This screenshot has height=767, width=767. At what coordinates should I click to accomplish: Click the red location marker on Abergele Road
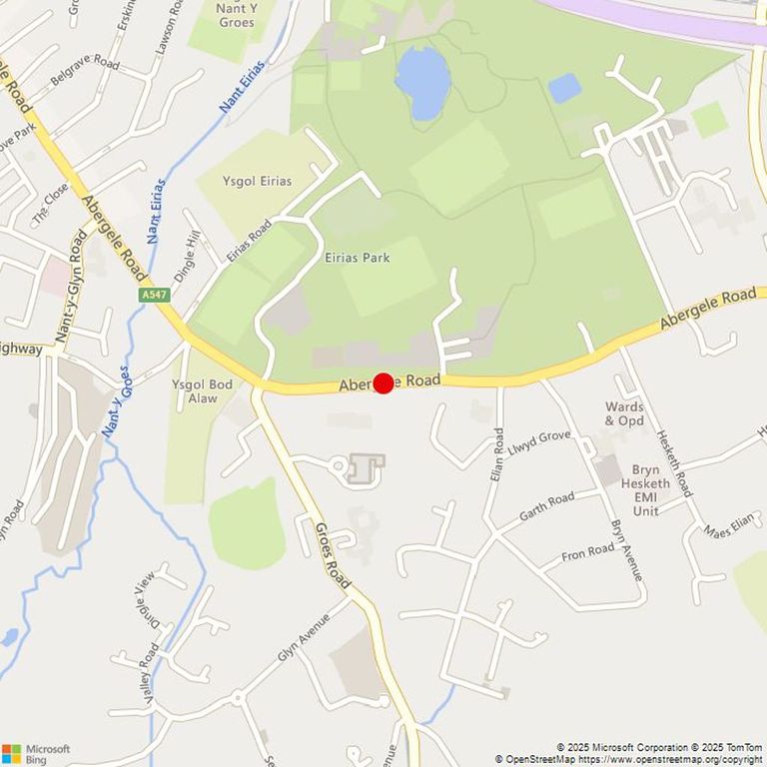(x=383, y=383)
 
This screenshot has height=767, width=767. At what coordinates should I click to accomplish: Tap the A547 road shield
(x=155, y=295)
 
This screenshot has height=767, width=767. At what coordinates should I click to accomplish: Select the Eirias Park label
(x=357, y=258)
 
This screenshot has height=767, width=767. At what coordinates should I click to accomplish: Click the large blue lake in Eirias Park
(x=422, y=82)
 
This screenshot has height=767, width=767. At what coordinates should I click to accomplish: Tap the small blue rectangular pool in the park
(x=564, y=89)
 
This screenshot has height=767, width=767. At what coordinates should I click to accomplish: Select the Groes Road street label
(x=334, y=553)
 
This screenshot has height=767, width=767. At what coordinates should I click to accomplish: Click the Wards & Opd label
(x=625, y=413)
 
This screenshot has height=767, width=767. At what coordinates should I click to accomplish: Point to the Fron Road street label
(x=587, y=551)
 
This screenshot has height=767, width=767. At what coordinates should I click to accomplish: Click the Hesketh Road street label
(x=673, y=463)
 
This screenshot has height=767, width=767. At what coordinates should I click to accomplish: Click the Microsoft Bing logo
(x=36, y=753)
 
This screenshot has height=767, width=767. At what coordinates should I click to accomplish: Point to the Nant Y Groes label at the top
(x=237, y=15)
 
